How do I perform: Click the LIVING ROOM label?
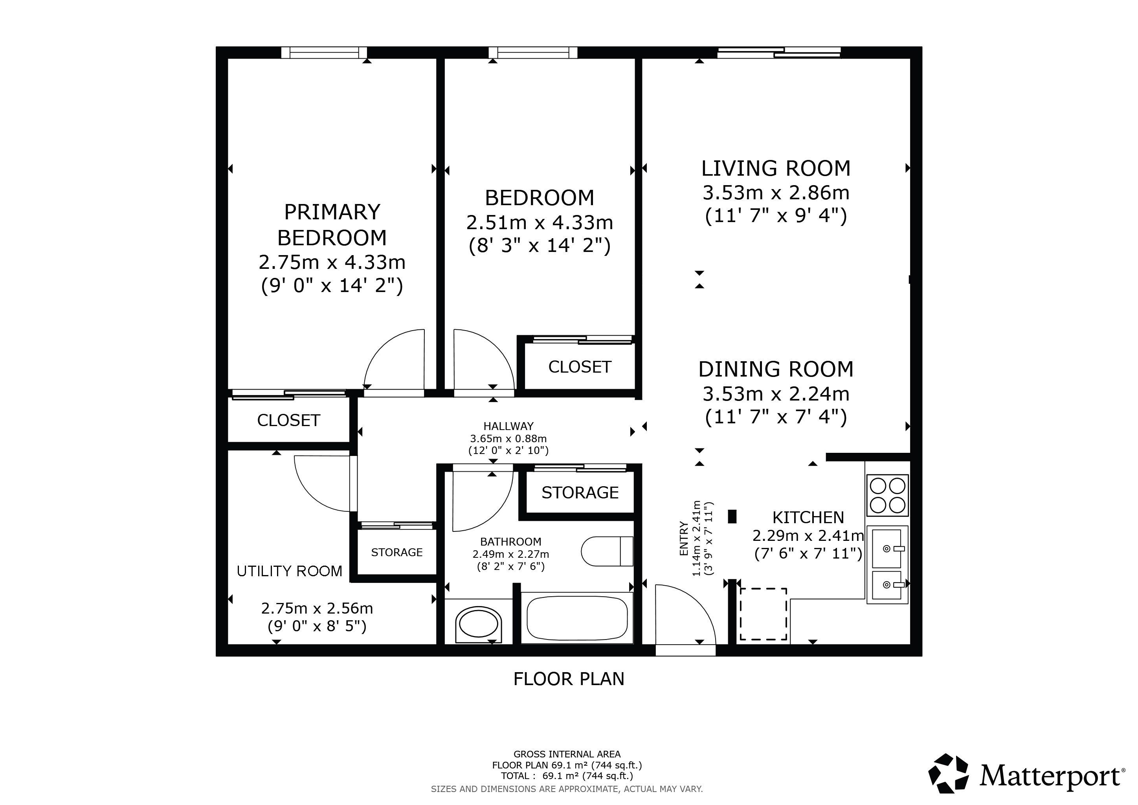pos(776,169)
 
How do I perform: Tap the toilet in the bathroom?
pos(607,551)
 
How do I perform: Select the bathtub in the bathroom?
pos(577,618)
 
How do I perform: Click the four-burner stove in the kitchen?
pos(887,495)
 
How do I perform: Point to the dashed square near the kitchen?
pos(763,614)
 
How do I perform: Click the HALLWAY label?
pos(508,426)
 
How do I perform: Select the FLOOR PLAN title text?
pos(569,679)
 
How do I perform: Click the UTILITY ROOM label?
pos(290,572)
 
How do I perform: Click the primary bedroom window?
pos(324,53)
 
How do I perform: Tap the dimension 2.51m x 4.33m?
pos(540,223)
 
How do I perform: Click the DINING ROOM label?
pos(776,369)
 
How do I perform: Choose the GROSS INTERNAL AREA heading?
pos(567,754)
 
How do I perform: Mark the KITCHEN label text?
pos(808,518)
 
